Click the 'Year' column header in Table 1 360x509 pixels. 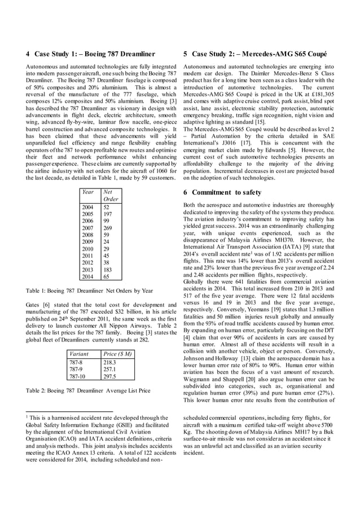[88, 192]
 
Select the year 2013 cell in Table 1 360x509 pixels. [88, 270]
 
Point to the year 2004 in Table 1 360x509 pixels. [88, 207]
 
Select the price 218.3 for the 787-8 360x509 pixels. [110, 362]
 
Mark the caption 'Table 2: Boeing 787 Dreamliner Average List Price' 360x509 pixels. [89, 390]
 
